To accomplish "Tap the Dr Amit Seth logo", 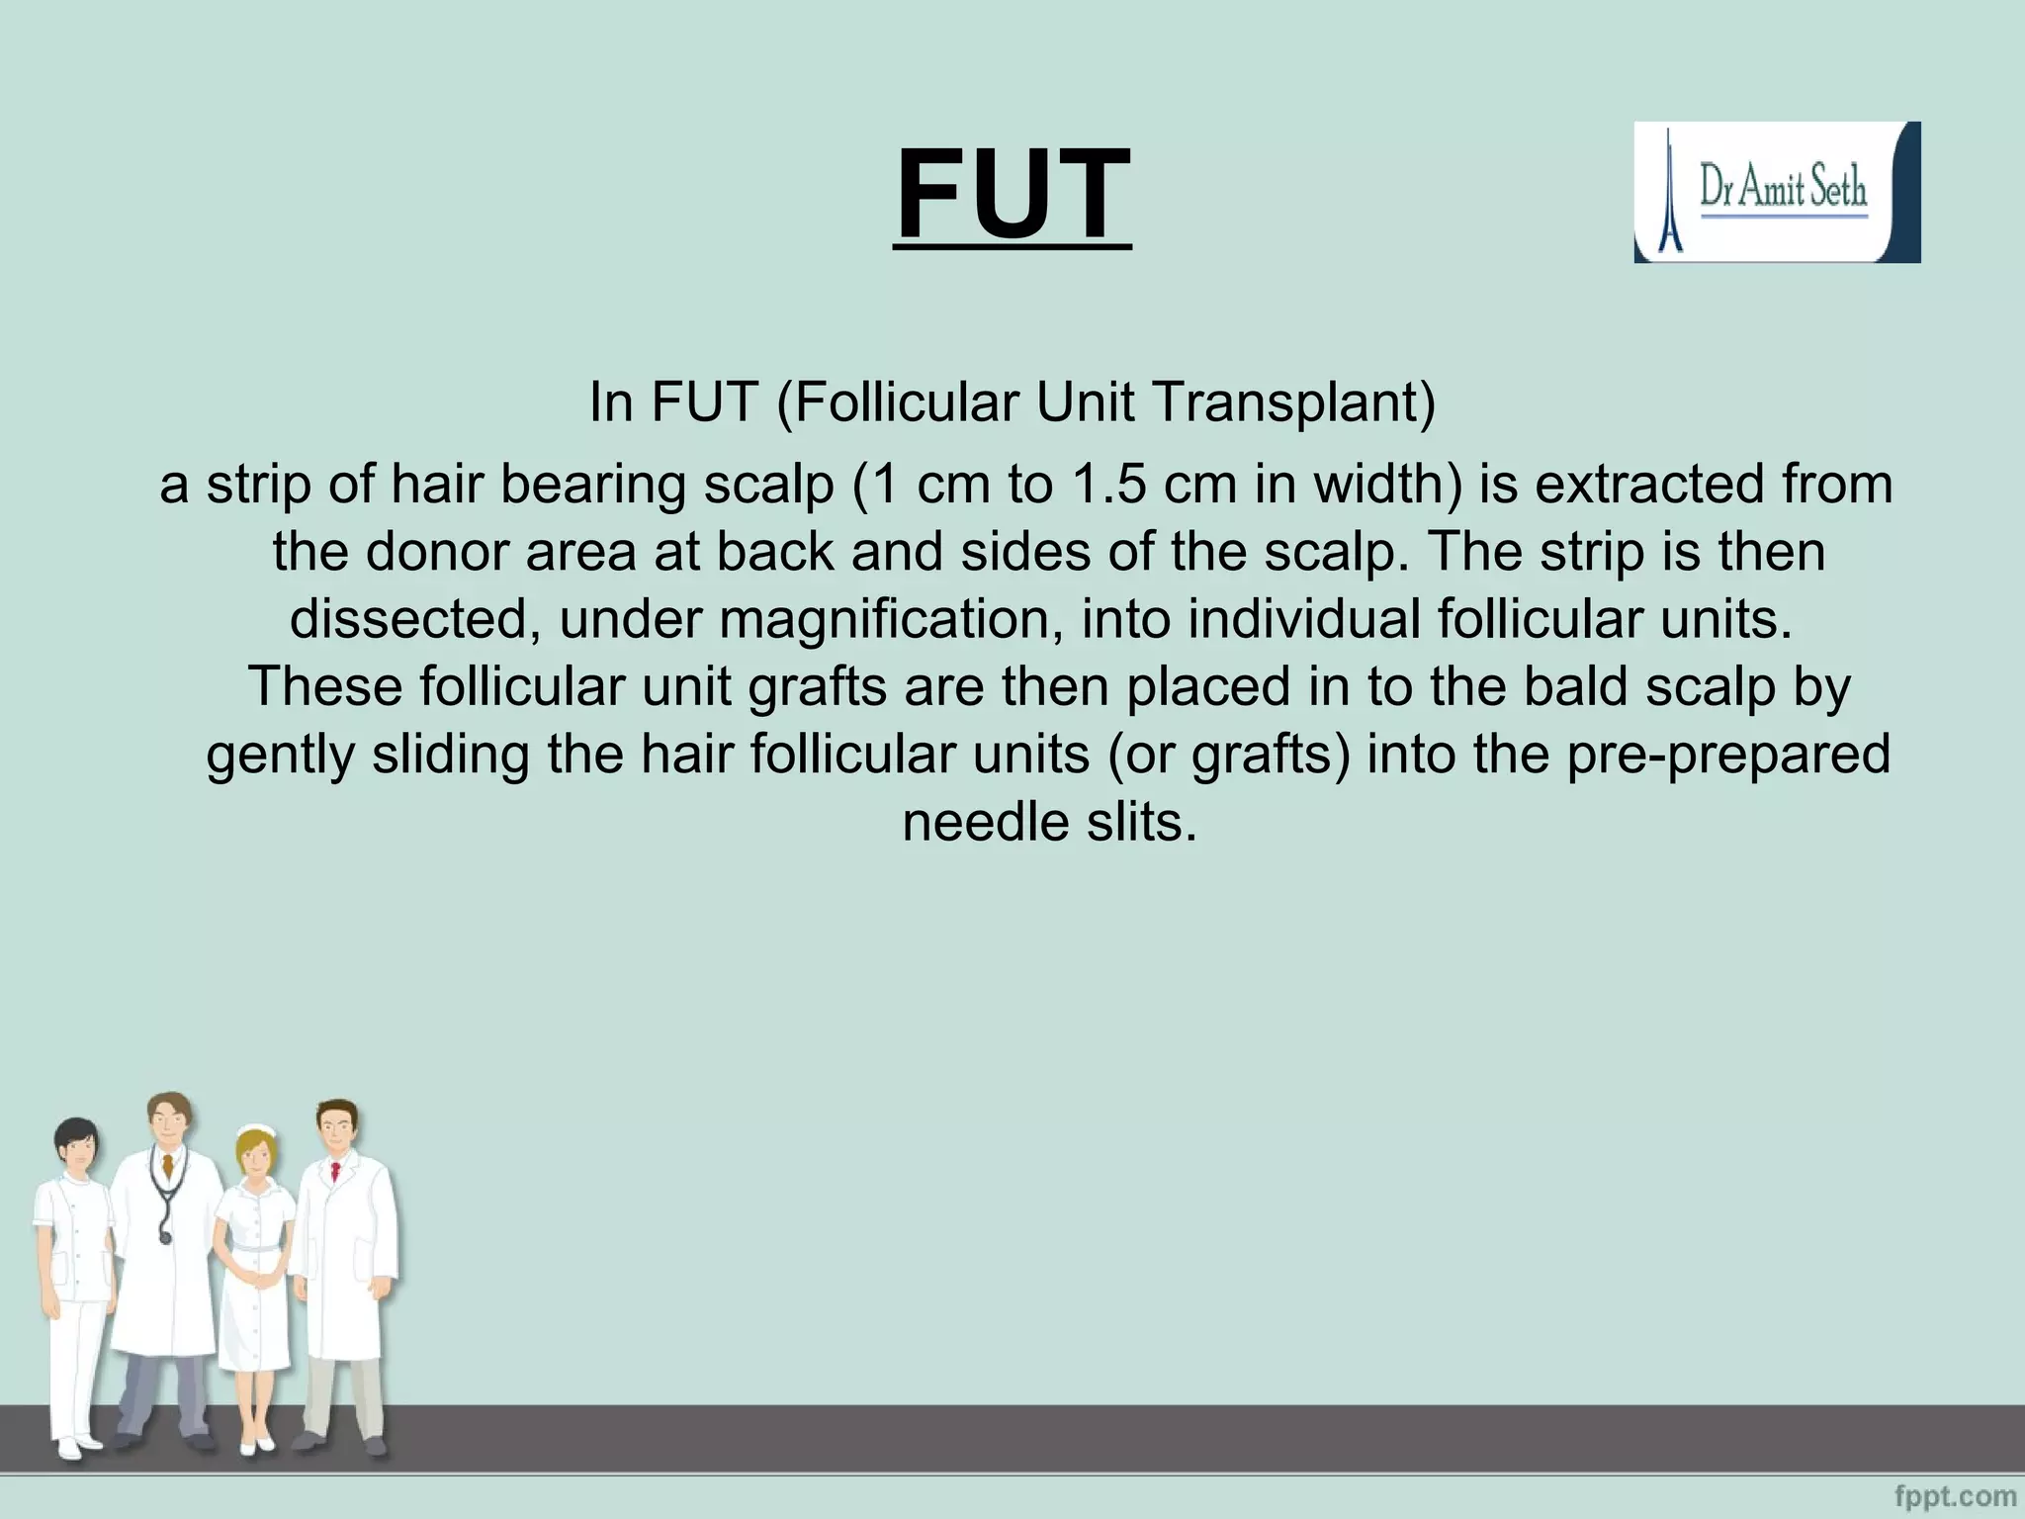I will tap(1777, 192).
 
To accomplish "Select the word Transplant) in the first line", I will tap(1293, 402).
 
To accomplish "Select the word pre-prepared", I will tap(1728, 755).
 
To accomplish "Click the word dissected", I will tap(415, 620).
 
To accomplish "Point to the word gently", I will tap(280, 755).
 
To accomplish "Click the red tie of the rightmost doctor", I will tap(336, 1173).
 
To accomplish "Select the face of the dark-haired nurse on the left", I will tap(77, 1150).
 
